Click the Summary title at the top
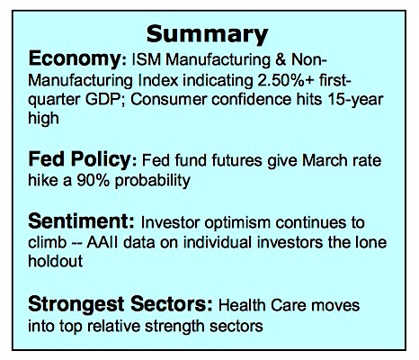coord(207,35)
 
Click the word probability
coord(153,181)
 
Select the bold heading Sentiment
coord(81,221)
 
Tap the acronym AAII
coord(103,242)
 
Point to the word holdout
coord(55,261)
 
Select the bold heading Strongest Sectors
coord(120,304)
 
